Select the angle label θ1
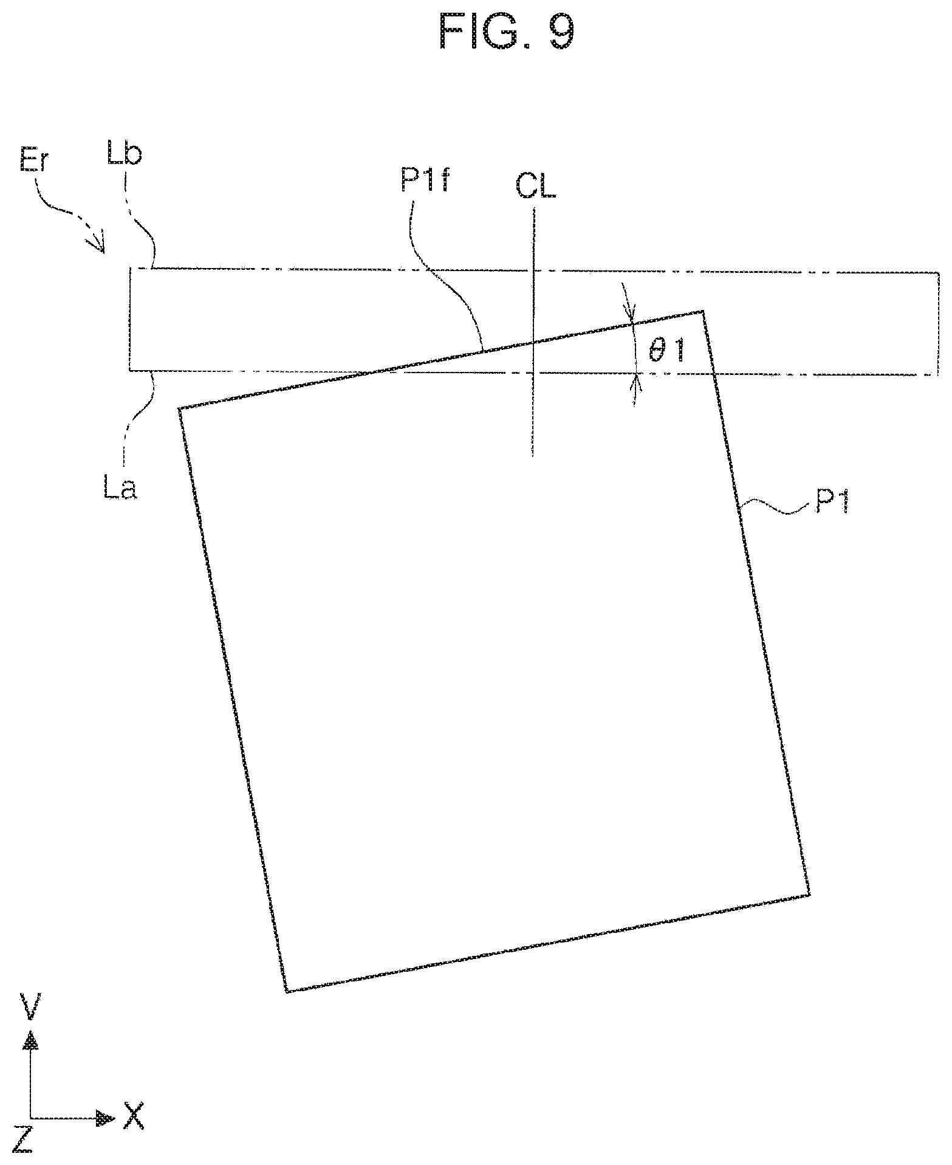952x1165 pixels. coord(666,352)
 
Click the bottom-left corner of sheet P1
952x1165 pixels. coord(286,992)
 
